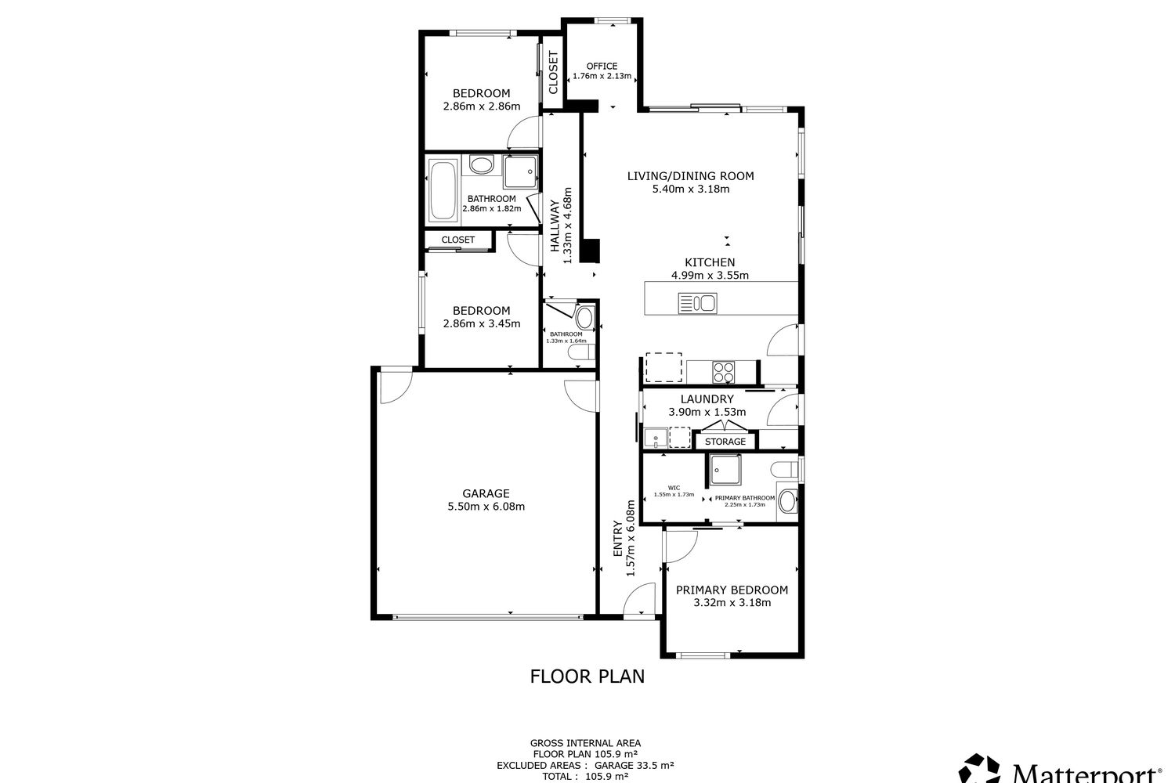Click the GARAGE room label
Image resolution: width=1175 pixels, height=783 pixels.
tap(486, 493)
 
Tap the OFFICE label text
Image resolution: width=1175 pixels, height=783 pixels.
tap(602, 66)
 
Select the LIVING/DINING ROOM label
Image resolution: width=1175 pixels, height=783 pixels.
tap(690, 176)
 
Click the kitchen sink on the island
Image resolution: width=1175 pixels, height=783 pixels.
tap(697, 302)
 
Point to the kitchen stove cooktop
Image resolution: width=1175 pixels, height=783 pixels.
tap(723, 371)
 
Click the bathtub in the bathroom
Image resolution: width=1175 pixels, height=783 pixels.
tap(443, 191)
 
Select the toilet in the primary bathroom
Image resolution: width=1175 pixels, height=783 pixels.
tap(786, 470)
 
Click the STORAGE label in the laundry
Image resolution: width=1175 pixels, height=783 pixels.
tap(725, 442)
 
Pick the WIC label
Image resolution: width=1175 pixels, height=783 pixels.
tap(674, 487)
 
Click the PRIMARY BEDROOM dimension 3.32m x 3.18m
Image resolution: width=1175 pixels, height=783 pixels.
tap(732, 603)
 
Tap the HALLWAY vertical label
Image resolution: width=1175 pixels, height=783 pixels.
tap(555, 226)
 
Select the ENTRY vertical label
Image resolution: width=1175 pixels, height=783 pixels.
tap(617, 540)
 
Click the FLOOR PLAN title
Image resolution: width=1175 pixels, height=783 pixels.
tap(587, 676)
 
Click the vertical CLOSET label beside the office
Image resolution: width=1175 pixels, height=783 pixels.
tap(553, 73)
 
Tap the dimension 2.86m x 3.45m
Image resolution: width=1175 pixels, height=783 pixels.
tap(481, 323)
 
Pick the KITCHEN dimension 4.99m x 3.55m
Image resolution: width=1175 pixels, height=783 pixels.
tap(710, 275)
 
